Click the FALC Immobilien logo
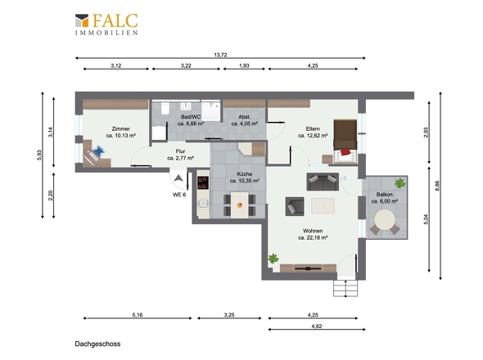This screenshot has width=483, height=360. tap(106, 25)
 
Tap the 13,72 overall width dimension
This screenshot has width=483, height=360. tap(220, 55)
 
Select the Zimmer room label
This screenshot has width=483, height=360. tap(121, 128)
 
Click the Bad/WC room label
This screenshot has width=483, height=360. tap(191, 117)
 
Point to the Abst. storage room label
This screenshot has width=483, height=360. tap(244, 117)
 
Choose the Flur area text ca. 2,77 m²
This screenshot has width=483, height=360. tap(180, 158)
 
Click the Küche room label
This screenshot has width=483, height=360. tap(245, 174)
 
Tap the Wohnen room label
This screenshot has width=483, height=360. tap(313, 231)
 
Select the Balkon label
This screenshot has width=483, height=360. tap(385, 195)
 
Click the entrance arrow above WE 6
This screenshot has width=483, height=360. tap(178, 178)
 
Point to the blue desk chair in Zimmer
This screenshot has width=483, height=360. tap(98, 151)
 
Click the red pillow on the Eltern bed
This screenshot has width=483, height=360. tap(345, 152)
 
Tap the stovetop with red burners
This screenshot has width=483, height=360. tap(203, 182)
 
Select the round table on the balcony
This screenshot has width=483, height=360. tap(385, 220)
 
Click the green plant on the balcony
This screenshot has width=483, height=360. tap(400, 183)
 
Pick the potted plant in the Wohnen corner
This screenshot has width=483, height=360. tap(273, 259)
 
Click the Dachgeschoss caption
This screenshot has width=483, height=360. tap(97, 344)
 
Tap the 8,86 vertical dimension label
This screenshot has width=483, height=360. tap(438, 186)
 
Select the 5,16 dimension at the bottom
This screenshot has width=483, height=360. tap(138, 315)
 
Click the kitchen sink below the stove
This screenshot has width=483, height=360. tap(203, 204)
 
